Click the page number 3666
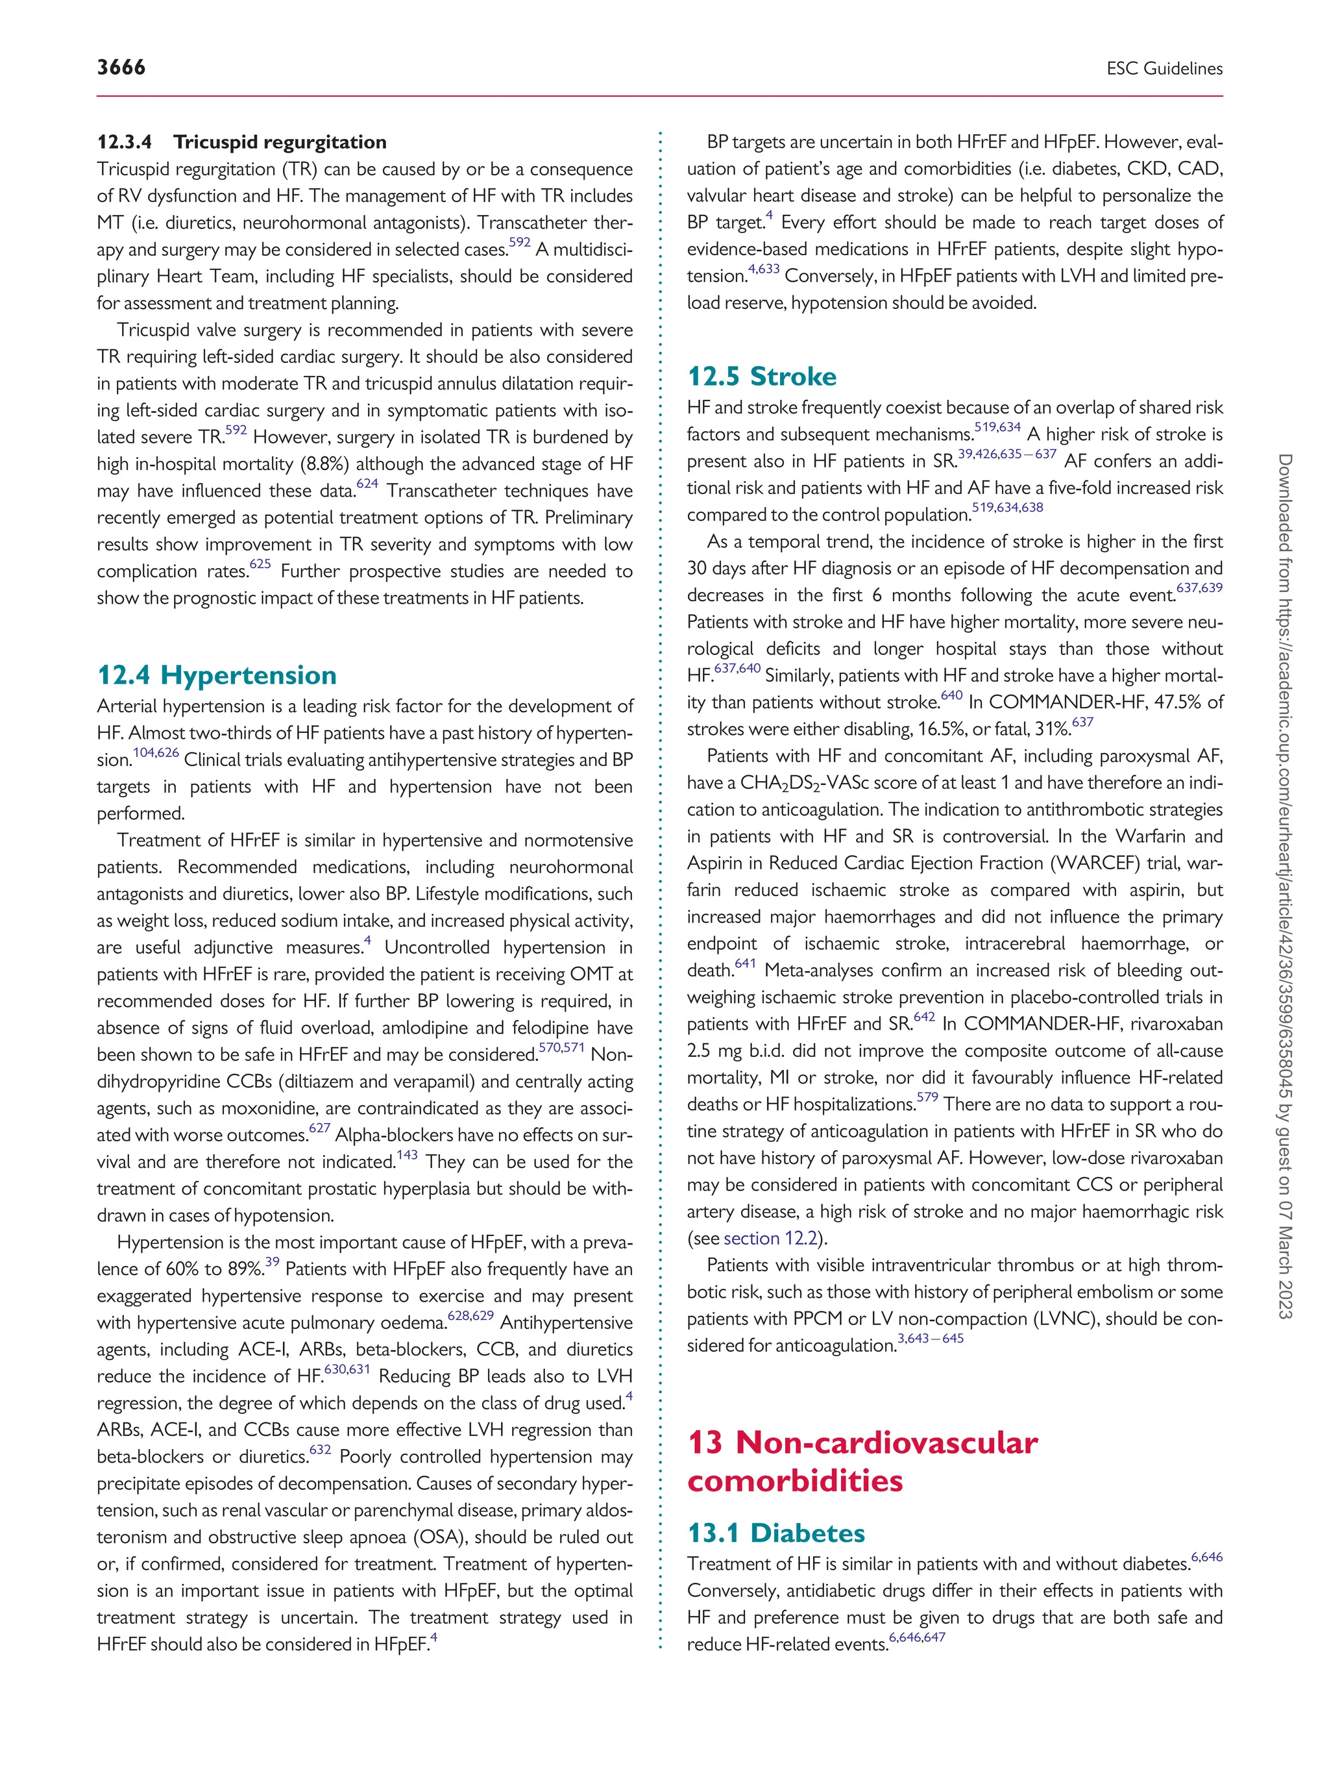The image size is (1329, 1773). pyautogui.click(x=121, y=68)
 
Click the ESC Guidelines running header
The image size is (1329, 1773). pyautogui.click(x=1164, y=69)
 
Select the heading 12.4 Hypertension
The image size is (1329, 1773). pyautogui.click(x=216, y=675)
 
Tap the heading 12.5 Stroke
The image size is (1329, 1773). pyautogui.click(x=761, y=376)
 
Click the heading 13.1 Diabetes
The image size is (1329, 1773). pyautogui.click(x=775, y=1533)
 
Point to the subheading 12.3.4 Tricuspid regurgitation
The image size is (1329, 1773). pyautogui.click(x=241, y=142)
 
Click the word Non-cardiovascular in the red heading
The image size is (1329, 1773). pyautogui.click(x=886, y=1443)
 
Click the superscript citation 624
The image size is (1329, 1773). pyautogui.click(x=367, y=484)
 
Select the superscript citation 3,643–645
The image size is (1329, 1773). pyautogui.click(x=930, y=1339)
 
